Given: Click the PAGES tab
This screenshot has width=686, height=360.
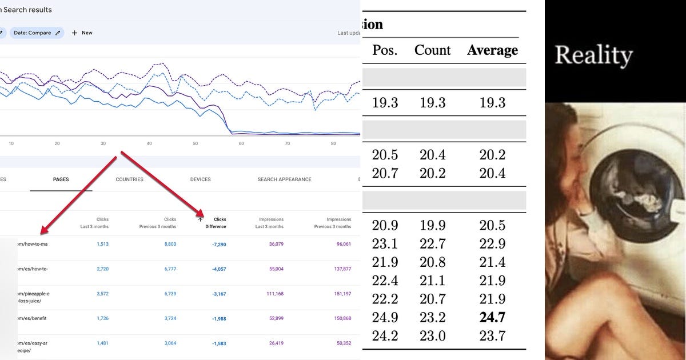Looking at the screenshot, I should [x=61, y=179].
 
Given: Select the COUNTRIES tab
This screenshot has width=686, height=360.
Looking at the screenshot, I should [x=129, y=179].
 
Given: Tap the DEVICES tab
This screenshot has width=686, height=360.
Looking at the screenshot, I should [x=200, y=179].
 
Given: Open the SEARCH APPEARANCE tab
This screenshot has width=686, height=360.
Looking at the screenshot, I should [x=284, y=179].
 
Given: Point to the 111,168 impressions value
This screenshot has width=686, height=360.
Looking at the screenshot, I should [x=272, y=294].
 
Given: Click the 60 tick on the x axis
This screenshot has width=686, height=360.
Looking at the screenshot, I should [x=241, y=143].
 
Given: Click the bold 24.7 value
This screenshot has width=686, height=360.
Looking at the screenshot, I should [x=492, y=318].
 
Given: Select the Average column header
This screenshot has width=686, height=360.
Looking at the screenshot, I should [x=492, y=50].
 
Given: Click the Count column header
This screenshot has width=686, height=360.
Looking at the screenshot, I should [x=432, y=50].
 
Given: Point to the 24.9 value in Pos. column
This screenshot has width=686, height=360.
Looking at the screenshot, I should [x=385, y=318].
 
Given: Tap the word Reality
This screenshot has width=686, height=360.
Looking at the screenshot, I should [x=593, y=55].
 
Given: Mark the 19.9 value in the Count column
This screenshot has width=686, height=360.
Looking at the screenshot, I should [x=432, y=225].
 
